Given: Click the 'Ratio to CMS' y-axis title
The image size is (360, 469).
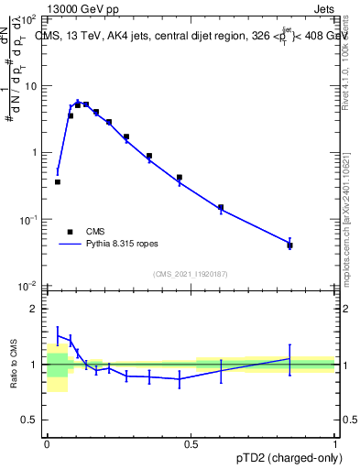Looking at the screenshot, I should (x=15, y=364).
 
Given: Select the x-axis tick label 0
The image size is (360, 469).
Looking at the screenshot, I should (x=47, y=442).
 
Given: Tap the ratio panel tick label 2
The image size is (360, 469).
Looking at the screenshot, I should (x=35, y=309).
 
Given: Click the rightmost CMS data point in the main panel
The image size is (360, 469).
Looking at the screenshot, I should (x=289, y=245).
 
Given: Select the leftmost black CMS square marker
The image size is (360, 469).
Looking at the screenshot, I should (x=58, y=182).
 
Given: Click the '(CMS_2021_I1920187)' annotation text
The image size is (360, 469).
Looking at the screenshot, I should (x=191, y=274).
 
